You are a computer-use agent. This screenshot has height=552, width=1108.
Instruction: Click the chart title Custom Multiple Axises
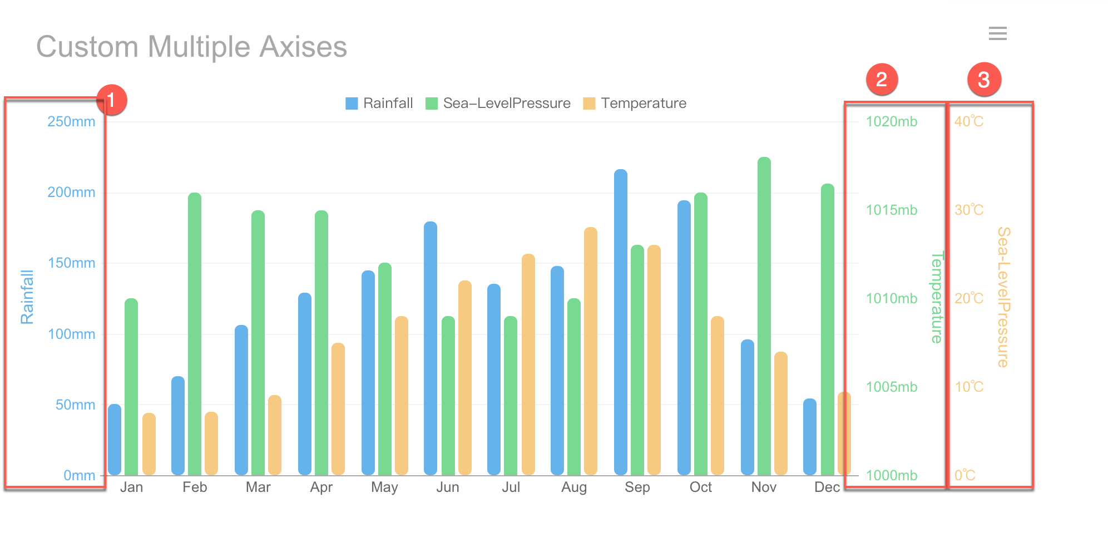pos(191,47)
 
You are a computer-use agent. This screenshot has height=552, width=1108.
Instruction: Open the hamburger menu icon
pos(997,33)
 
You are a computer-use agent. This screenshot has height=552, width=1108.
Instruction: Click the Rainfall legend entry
pos(379,103)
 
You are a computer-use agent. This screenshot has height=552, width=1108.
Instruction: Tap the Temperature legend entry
pos(635,103)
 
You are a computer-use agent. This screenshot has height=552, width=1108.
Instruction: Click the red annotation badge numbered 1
pos(111,100)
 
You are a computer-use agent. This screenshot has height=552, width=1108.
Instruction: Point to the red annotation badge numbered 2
pos(882,80)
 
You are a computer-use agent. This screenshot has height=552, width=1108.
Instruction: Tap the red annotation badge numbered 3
pos(983,80)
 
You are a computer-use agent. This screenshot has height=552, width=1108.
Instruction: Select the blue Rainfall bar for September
pos(621,323)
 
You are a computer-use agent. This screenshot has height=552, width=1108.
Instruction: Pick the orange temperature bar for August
pos(591,351)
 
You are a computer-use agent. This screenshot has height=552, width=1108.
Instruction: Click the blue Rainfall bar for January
pos(115,440)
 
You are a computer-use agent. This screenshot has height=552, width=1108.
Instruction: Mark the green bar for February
pos(195,334)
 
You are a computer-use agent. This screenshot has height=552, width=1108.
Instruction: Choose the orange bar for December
pos(844,434)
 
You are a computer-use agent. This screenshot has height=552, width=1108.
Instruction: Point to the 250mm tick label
pos(71,122)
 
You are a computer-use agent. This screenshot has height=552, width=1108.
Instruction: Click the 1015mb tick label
pos(891,210)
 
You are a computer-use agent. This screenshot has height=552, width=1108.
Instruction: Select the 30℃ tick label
pos(968,210)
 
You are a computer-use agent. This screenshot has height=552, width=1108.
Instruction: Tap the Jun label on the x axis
pos(447,487)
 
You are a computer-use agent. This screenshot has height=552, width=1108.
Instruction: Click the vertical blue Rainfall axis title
pos(27,297)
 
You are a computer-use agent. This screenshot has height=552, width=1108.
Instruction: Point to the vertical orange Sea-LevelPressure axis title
pos(1003,297)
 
